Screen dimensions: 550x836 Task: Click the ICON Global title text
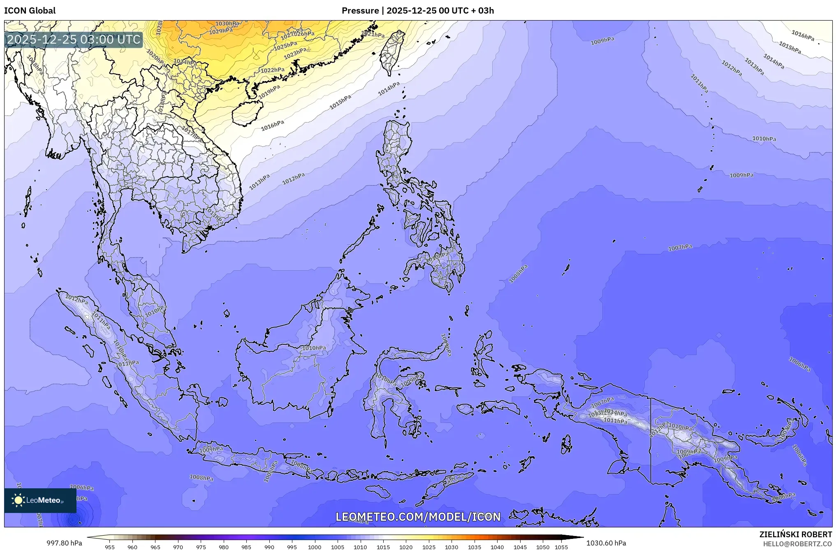30,11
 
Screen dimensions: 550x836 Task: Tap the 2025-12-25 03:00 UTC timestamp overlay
74,39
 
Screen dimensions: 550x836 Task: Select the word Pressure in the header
360,11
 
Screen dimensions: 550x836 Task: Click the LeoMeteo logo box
40,500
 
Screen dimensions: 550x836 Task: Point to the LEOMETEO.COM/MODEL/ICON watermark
418,517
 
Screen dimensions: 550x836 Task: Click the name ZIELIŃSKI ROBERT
795,534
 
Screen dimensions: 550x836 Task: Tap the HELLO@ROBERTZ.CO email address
797,544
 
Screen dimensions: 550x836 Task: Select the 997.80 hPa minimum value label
64,543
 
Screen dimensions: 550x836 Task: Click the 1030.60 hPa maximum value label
606,543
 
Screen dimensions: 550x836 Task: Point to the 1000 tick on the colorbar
315,547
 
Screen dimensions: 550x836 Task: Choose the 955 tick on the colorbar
109,547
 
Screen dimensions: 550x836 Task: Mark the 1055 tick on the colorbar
561,547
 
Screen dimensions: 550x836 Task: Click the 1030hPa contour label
227,24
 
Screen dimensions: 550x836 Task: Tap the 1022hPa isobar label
272,70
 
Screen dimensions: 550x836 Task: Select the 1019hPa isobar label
269,91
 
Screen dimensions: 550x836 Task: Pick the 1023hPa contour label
295,53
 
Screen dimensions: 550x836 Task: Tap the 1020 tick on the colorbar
406,547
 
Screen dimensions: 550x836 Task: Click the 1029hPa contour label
221,31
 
